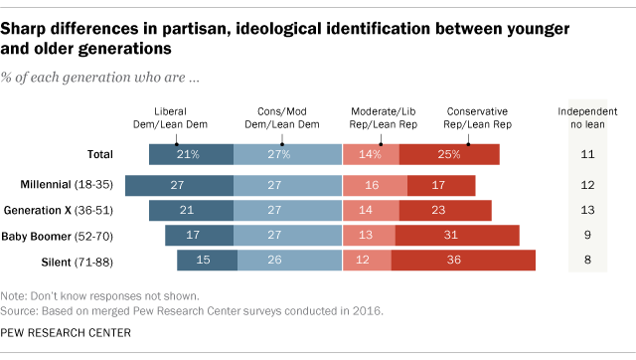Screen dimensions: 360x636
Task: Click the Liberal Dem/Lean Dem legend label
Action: [188, 119]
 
